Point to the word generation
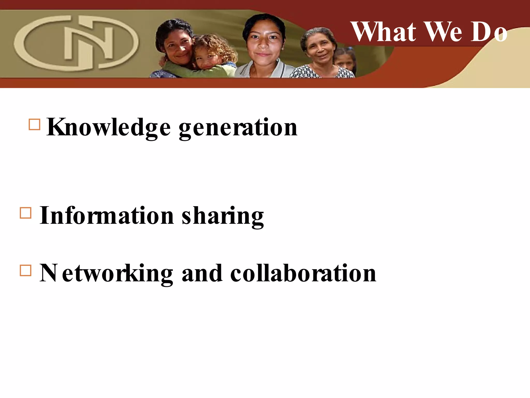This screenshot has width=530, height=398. tap(238, 128)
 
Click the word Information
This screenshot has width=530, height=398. tap(107, 216)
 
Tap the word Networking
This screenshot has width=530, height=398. tap(106, 274)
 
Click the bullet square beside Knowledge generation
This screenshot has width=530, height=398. tap(34, 124)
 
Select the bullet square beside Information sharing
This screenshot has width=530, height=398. tap(25, 213)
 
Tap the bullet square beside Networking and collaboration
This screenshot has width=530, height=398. tap(25, 270)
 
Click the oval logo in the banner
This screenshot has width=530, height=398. tap(76, 43)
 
